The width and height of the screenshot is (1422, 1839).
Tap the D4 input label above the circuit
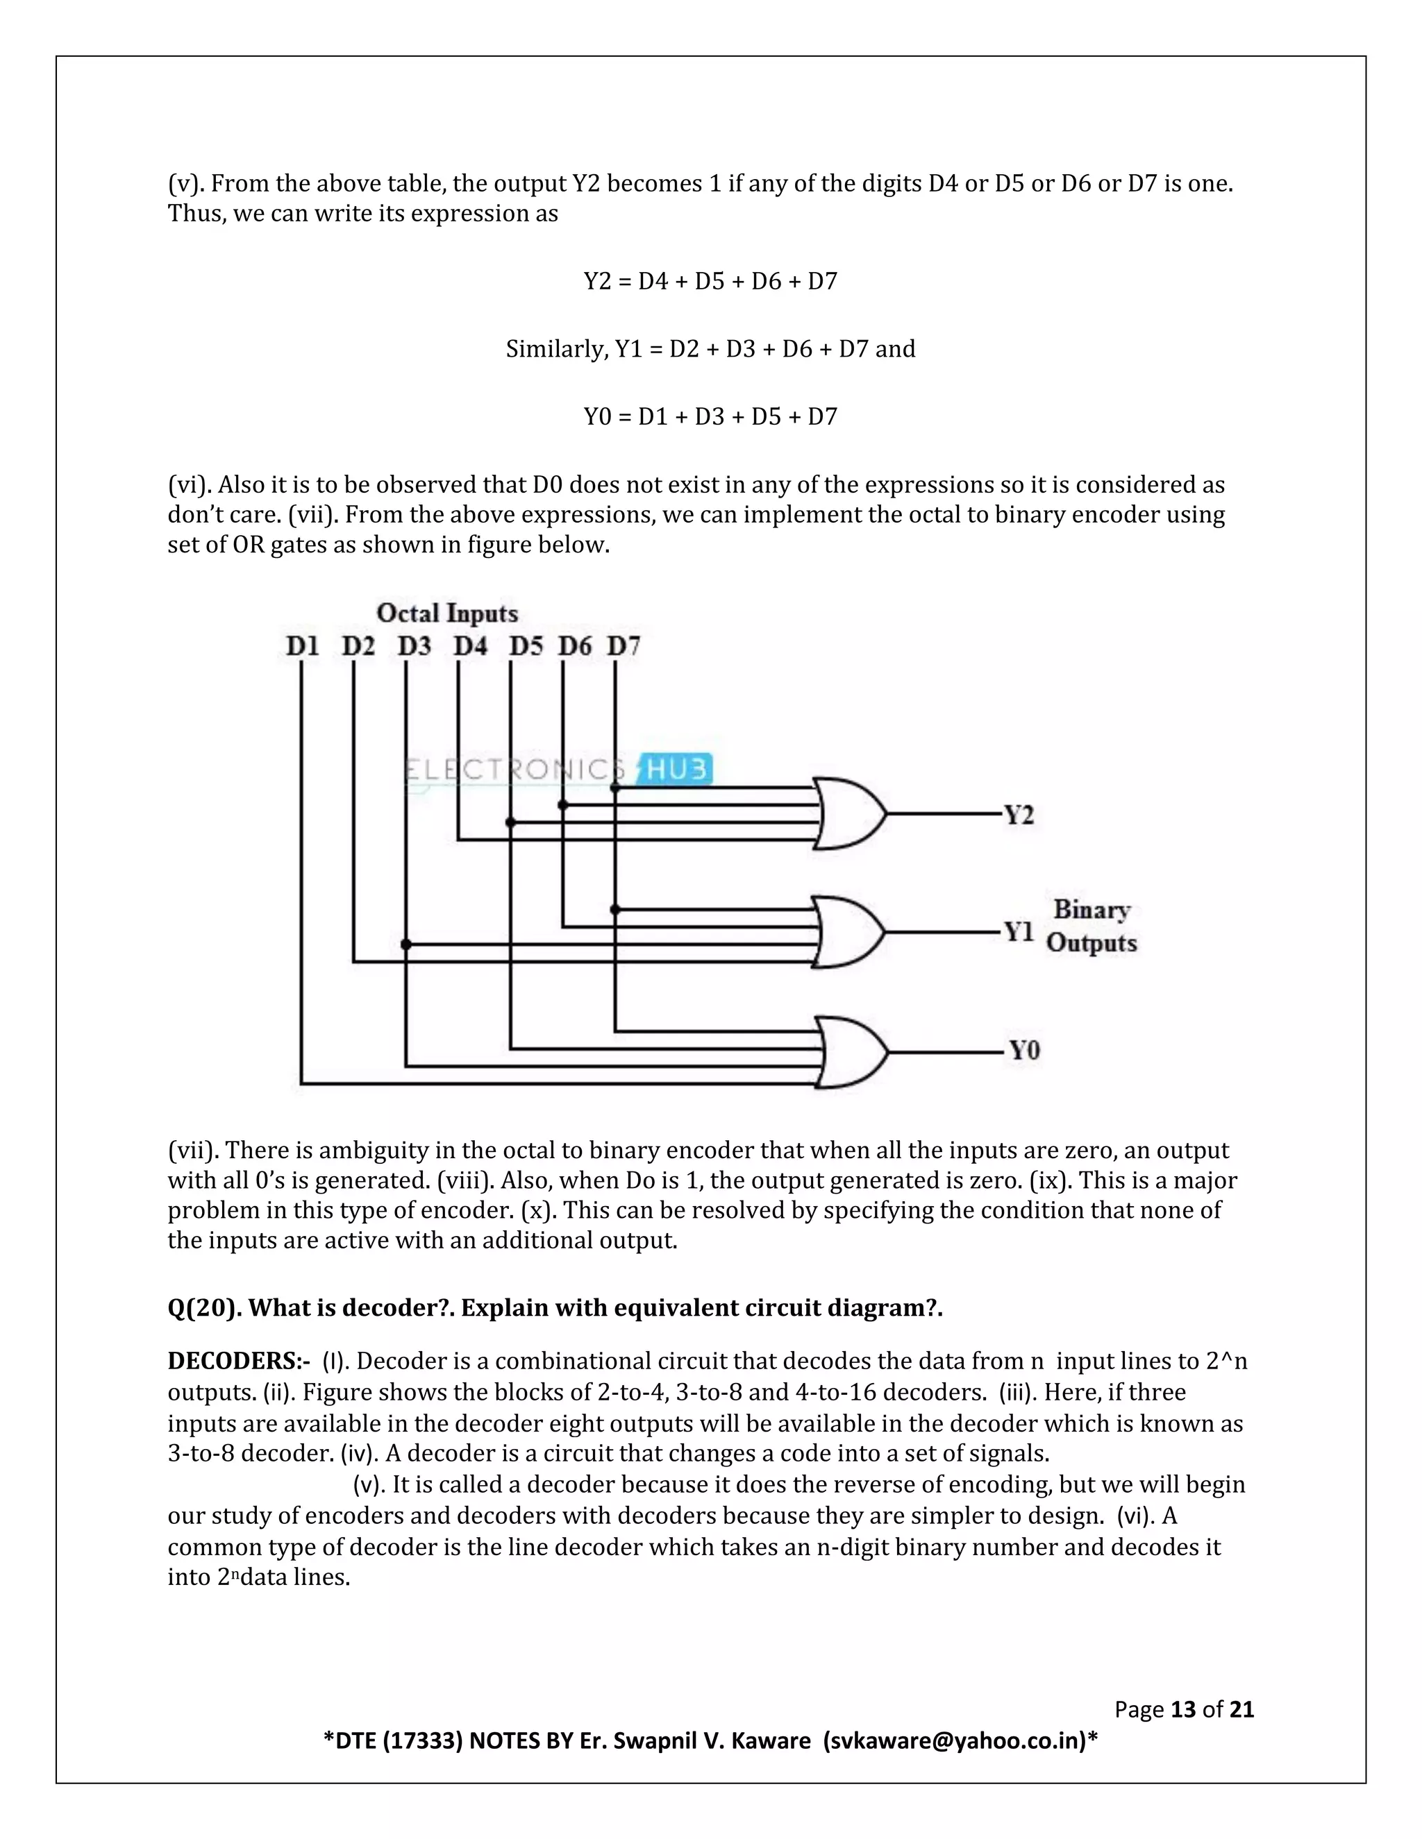tap(470, 646)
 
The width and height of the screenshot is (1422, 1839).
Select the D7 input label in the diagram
tap(624, 646)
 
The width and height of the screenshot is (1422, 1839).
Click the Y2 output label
tap(1019, 815)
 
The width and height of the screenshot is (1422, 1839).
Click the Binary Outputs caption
tap(1091, 926)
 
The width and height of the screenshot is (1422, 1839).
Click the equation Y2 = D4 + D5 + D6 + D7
tap(710, 281)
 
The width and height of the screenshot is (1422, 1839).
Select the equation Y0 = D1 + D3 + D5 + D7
tap(710, 417)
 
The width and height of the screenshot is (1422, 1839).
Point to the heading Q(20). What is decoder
tap(554, 1307)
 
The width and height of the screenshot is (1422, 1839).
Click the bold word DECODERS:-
tap(238, 1361)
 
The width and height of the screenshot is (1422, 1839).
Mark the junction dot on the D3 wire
tap(406, 944)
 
